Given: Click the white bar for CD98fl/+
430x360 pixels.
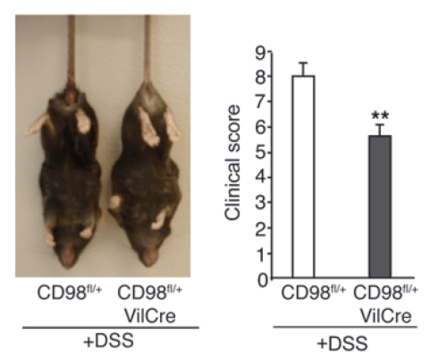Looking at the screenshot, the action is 304,177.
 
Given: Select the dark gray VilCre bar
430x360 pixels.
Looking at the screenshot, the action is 380,207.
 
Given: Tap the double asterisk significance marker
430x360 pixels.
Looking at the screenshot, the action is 380,116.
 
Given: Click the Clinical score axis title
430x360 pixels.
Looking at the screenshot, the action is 232,163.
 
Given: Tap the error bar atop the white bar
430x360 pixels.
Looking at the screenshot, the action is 304,69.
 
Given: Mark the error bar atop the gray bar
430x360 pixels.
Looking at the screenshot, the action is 380,129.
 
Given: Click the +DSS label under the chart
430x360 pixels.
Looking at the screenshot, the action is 342,343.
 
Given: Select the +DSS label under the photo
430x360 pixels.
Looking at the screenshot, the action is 109,340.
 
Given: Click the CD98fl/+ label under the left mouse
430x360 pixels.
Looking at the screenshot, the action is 69,292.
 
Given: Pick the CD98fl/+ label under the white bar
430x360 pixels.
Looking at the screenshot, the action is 313,292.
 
